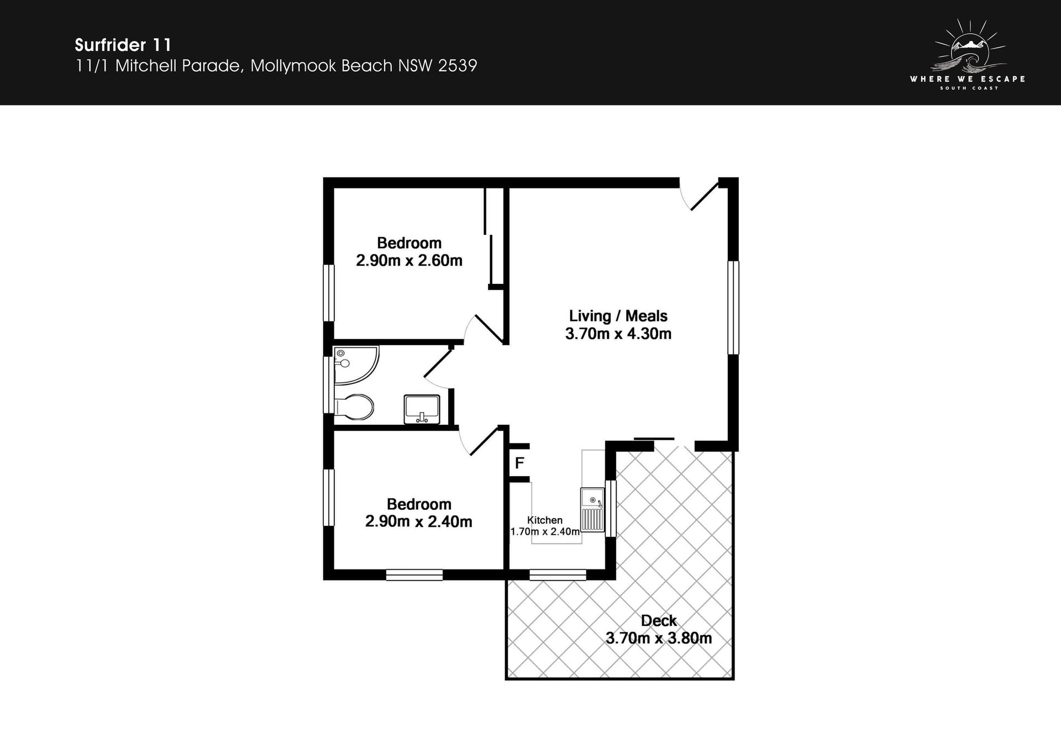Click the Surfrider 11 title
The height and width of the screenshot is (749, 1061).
point(123,45)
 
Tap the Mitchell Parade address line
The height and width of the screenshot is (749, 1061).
point(276,66)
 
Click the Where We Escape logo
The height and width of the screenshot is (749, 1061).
point(968,54)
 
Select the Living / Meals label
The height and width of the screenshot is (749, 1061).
point(618,316)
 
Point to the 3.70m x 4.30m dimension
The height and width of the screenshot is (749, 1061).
point(618,334)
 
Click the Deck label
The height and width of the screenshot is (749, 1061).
point(659,621)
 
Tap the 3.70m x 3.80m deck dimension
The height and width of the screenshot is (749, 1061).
point(659,639)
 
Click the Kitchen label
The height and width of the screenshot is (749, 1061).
point(545,520)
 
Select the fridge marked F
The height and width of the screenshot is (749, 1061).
point(519,463)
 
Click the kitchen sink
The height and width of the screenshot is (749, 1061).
point(592,510)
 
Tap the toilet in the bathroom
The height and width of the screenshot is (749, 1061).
point(354,407)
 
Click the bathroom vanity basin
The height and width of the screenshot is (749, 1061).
point(422,409)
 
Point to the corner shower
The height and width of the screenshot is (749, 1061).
point(356,365)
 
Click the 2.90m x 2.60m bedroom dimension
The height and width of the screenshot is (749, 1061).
point(409,261)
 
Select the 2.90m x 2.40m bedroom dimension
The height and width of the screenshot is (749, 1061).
point(418,521)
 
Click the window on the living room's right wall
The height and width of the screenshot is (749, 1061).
point(733,307)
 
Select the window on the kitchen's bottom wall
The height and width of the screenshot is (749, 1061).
point(558,575)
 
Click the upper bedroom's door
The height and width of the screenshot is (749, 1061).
point(483,329)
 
